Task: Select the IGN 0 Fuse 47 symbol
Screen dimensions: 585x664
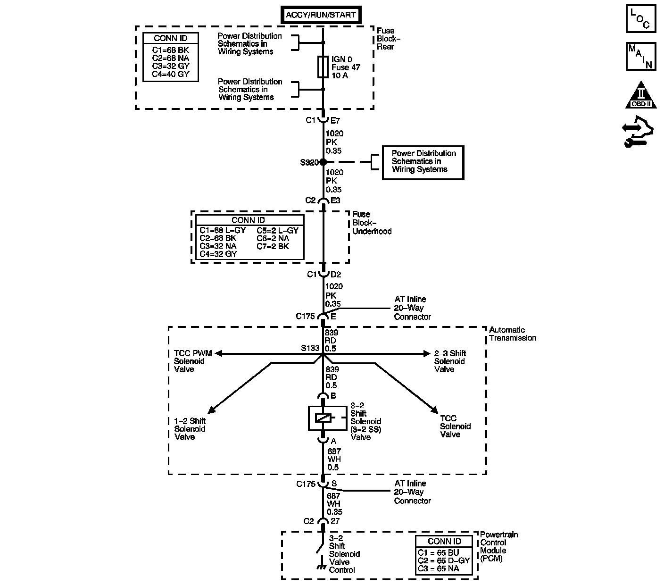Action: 323,67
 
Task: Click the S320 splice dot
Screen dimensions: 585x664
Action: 323,162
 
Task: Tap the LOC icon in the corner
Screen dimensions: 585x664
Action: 641,19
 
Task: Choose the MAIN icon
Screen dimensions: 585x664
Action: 641,56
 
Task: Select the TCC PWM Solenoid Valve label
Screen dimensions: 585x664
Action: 193,361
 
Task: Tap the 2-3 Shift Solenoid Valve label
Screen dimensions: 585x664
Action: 450,361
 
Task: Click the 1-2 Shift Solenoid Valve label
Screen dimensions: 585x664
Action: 190,428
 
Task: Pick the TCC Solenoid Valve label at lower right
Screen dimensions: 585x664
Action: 455,426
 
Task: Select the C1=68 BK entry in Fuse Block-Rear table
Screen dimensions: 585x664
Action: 170,50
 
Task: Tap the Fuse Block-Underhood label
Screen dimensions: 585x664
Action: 372,222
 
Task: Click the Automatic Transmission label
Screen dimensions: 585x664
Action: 512,334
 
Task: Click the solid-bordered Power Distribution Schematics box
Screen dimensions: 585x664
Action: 423,162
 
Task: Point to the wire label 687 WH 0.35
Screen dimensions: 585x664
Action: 334,503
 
